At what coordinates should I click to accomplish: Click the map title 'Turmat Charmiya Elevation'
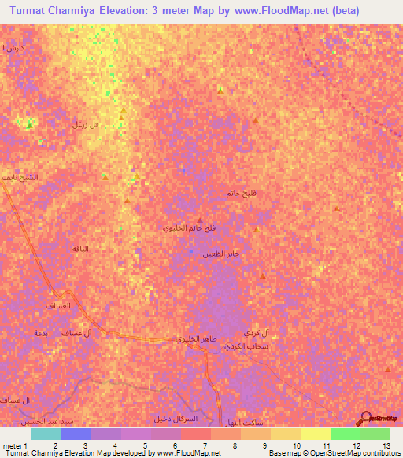coord(75,11)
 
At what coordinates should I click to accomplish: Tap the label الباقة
coord(79,249)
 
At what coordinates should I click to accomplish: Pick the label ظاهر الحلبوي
coord(193,339)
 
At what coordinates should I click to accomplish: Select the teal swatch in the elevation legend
coord(46,434)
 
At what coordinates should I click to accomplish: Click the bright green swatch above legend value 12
coord(345,434)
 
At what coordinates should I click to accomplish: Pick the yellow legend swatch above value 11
coord(315,434)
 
